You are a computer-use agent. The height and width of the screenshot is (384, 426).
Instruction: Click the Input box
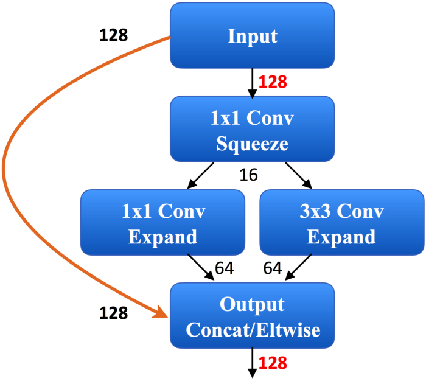point(252,36)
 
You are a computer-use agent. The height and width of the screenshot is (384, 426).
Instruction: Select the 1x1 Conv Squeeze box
point(252,129)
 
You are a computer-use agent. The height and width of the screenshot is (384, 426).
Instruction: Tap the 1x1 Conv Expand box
point(162,223)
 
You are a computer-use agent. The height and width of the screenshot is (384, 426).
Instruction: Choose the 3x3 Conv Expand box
point(342,223)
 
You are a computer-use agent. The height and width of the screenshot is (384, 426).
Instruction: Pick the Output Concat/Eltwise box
point(252,315)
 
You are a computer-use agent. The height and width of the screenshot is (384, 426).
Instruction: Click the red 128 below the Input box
point(273,82)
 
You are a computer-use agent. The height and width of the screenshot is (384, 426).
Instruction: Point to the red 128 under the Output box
point(273,363)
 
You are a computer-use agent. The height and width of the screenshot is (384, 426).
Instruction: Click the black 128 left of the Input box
point(114,35)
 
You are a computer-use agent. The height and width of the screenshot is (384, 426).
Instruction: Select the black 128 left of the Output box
point(114,313)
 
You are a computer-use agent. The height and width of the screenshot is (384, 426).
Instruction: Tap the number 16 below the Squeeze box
point(248,175)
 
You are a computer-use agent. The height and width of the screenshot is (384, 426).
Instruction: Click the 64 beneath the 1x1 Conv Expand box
point(225,268)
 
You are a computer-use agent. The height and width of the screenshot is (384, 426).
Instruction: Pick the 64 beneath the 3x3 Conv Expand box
point(273,268)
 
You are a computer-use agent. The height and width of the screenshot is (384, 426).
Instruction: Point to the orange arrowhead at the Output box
point(161,312)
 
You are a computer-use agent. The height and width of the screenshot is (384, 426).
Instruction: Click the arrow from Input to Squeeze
point(253,83)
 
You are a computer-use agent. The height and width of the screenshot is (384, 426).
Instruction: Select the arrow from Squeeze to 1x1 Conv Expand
point(200,175)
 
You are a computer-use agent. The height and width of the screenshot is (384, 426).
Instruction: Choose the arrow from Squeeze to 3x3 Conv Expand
point(299,175)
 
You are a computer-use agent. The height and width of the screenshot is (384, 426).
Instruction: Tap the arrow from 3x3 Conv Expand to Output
point(298,267)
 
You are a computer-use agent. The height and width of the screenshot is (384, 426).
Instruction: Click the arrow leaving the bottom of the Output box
point(253,363)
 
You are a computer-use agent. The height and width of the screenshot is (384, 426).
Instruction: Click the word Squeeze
point(252,144)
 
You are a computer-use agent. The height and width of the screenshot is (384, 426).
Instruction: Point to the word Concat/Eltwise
point(253,330)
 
